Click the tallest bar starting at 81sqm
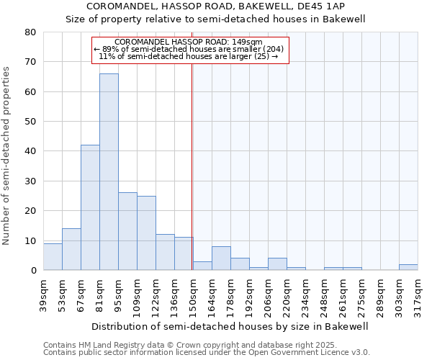coord(109,172)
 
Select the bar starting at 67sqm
coord(90,207)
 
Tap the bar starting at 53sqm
coord(71,249)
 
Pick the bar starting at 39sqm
coord(53,257)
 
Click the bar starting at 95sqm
coord(127,231)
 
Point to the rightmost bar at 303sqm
coord(408,267)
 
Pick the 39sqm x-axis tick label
coord(44,293)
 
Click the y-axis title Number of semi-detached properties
coord(6,155)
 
